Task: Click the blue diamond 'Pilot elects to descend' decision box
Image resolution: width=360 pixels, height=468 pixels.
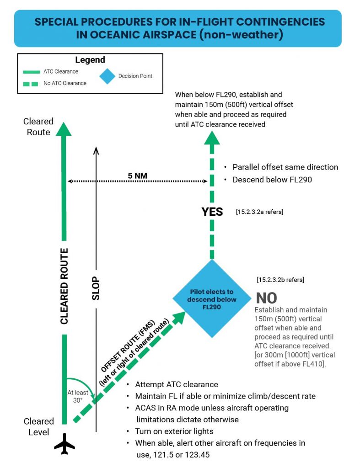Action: click(x=211, y=299)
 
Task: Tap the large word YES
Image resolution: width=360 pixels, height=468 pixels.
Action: click(x=213, y=212)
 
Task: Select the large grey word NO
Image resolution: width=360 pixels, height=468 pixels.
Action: click(x=266, y=298)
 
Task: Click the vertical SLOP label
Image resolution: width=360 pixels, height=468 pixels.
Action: click(x=96, y=288)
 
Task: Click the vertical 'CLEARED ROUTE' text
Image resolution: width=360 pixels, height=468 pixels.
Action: click(x=64, y=287)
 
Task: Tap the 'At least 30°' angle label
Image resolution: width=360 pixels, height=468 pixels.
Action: click(x=78, y=396)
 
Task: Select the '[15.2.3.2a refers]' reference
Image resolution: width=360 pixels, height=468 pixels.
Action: click(x=259, y=212)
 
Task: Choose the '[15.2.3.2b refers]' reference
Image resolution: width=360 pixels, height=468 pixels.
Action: click(x=280, y=279)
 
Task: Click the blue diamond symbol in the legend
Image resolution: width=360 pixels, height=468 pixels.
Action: click(x=108, y=76)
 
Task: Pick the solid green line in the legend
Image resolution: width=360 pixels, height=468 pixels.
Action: click(x=31, y=72)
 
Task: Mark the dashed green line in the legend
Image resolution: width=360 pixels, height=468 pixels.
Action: click(x=31, y=83)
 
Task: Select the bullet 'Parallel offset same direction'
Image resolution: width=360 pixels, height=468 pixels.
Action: click(x=285, y=167)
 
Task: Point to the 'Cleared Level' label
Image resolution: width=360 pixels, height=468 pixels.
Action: click(x=39, y=426)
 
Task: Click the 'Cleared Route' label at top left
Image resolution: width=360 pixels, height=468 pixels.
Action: click(x=39, y=127)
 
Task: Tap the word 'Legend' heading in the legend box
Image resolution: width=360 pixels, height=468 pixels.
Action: click(x=90, y=60)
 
